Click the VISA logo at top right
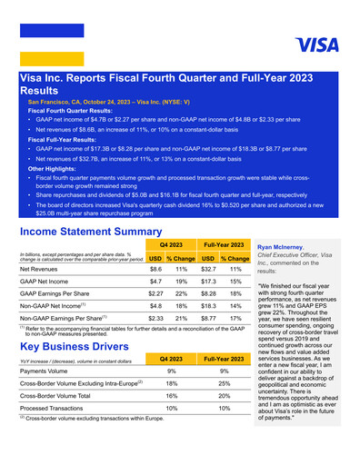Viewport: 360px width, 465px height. tap(316, 45)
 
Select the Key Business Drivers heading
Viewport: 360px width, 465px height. tap(80, 346)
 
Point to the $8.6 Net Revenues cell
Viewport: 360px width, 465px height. tap(155, 270)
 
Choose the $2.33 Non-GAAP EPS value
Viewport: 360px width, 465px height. tap(155, 320)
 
